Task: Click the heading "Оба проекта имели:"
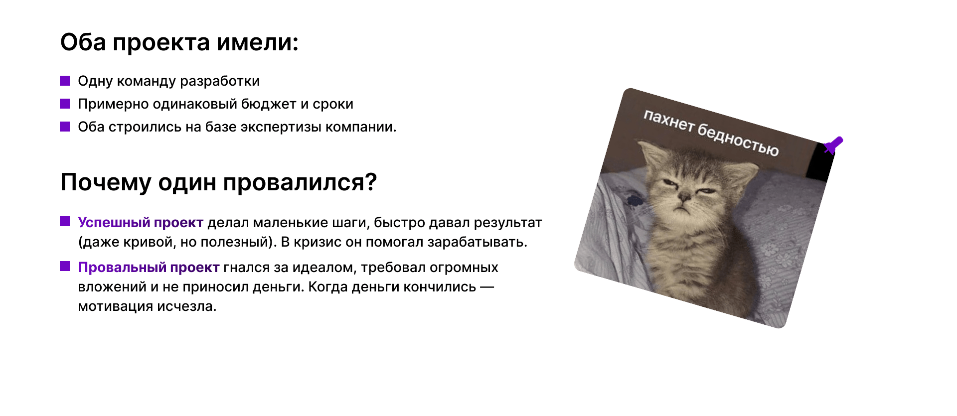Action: (x=179, y=42)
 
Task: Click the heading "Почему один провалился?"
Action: (x=218, y=182)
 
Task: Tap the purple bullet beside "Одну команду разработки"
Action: (x=65, y=81)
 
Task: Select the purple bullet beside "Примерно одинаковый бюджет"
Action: (x=65, y=104)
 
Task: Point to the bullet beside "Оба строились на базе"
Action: (x=65, y=127)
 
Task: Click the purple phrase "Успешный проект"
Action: (x=141, y=223)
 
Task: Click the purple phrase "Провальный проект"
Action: (x=149, y=268)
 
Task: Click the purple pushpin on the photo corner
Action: (x=833, y=145)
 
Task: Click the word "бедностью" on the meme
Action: (x=738, y=140)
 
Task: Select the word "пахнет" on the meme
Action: (x=669, y=121)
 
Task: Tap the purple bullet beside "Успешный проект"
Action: (x=65, y=221)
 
